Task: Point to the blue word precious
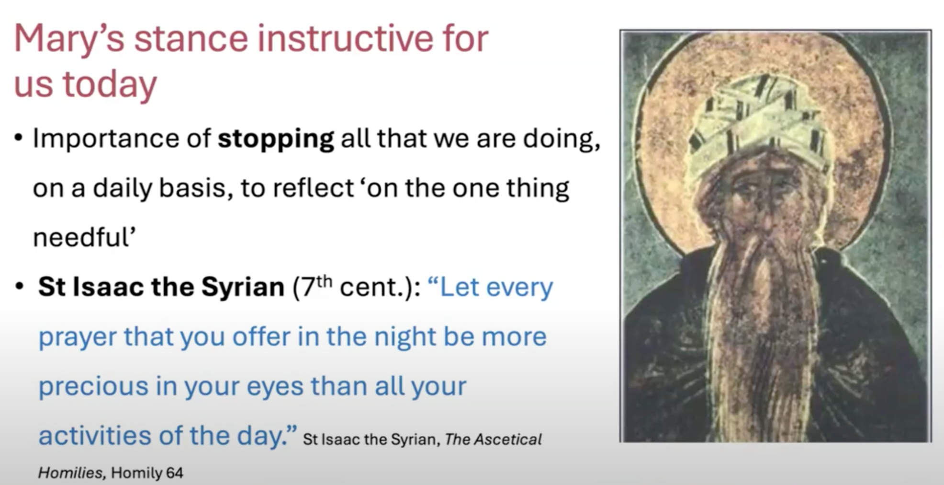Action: click(93, 387)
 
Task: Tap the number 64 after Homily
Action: click(175, 473)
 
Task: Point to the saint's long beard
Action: click(766, 335)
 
